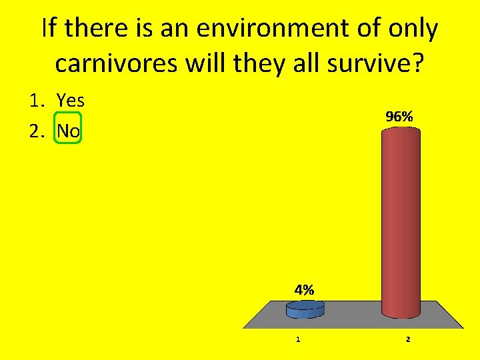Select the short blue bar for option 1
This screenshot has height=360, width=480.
pos(305,309)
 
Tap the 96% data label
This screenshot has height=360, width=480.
pos(399,116)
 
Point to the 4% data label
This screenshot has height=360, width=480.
pos(303,290)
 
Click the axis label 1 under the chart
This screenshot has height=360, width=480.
pos(298,339)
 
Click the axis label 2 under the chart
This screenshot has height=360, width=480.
pos(408,339)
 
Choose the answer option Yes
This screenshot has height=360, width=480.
pos(71,101)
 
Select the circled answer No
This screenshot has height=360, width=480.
pos(69,131)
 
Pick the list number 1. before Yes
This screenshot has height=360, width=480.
pos(37,101)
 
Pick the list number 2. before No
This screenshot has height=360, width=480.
pos(37,131)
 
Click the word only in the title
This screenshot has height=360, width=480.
pos(413,29)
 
